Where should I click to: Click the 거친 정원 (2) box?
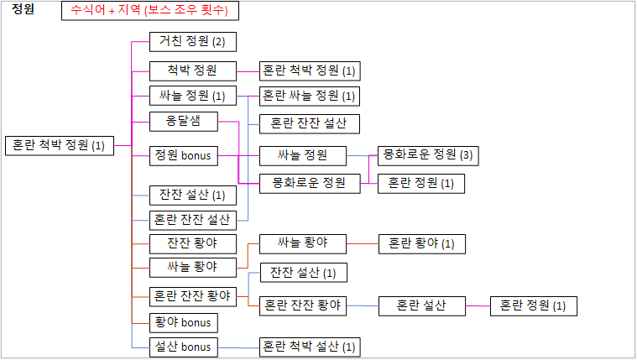pos(192,41)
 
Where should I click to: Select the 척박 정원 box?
pos(192,70)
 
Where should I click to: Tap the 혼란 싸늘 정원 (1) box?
pos(309,96)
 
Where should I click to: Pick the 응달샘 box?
pos(182,121)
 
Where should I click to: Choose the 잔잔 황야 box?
pos(192,244)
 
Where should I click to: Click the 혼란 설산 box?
pos(421,305)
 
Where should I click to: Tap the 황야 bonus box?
pos(183,322)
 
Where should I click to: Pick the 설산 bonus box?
pos(183,346)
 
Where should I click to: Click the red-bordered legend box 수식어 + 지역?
pos(150,12)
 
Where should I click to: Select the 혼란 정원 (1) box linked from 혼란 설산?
pos(533,305)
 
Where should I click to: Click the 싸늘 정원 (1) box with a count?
pos(192,96)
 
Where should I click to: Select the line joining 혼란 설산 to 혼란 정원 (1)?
pos(478,305)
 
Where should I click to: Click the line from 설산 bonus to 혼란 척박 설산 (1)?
pos(238,346)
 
